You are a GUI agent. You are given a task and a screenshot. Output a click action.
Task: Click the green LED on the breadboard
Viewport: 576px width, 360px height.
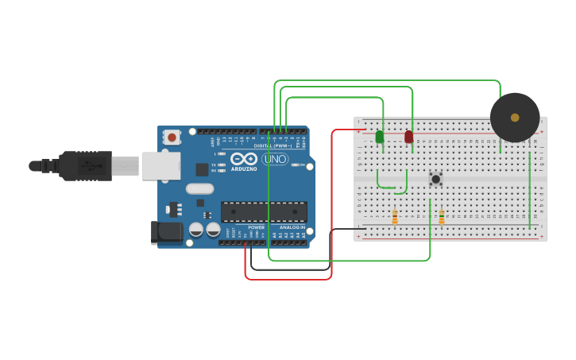379,137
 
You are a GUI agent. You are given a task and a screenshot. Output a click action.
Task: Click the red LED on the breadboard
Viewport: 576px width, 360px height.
408,137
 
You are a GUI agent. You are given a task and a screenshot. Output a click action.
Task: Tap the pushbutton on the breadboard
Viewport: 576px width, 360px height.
435,179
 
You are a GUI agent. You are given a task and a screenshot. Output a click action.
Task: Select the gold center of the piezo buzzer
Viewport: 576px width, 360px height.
515,118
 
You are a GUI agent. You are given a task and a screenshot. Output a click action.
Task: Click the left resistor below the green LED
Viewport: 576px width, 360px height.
395,216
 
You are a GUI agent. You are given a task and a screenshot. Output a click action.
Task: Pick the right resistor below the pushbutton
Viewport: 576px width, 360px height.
442,216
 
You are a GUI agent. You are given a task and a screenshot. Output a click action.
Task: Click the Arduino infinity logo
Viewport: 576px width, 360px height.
244,159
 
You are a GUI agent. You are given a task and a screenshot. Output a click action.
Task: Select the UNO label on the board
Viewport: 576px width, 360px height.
274,159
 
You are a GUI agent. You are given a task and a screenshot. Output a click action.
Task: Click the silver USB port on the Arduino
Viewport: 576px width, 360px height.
160,165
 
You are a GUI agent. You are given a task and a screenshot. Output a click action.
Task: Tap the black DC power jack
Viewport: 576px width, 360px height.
166,232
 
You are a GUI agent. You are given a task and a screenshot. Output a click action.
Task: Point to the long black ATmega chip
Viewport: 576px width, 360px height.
264,211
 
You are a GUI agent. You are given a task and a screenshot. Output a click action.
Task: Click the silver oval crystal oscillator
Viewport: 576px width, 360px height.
200,189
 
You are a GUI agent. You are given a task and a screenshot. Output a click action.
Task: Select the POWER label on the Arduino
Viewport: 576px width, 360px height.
256,227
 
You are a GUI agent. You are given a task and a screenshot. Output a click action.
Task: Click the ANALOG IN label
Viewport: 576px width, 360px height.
292,227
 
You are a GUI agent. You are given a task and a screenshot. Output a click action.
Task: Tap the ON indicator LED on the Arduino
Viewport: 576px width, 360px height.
295,165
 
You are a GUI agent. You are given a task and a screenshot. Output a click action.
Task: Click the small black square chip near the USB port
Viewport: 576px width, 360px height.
202,169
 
